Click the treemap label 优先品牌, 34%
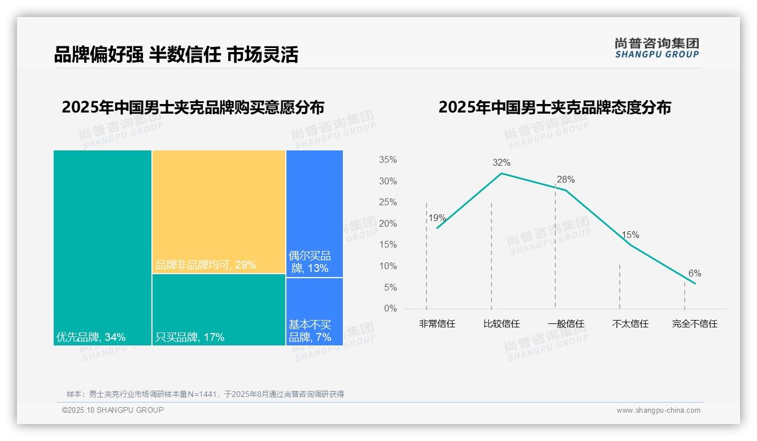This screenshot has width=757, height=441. pos(91,338)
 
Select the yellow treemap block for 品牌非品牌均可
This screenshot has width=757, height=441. pos(219,211)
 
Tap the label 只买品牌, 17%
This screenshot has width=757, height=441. pos(190,338)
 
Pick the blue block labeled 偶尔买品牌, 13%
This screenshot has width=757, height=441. pos(315,214)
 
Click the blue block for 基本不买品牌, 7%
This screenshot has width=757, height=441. pos(315,311)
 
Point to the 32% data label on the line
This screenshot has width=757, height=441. pos(501,163)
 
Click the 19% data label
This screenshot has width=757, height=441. pos(437,218)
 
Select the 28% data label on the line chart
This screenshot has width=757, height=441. pos(565,180)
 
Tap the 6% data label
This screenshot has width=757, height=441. pos(694,274)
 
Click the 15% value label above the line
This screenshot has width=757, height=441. pos(630,235)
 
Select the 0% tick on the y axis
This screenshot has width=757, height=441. pos(390,309)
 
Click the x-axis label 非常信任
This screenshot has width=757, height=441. pos(437,324)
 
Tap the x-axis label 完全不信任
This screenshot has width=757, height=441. pos(694,324)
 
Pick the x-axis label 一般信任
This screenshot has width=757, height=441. pos(565,324)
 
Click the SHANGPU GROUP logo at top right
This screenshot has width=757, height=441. pos(657,47)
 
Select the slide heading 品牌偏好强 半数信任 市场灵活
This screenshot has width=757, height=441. pos(176,54)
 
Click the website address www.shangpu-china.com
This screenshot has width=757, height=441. pos(658,410)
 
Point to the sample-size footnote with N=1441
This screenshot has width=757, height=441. pos(205,394)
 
